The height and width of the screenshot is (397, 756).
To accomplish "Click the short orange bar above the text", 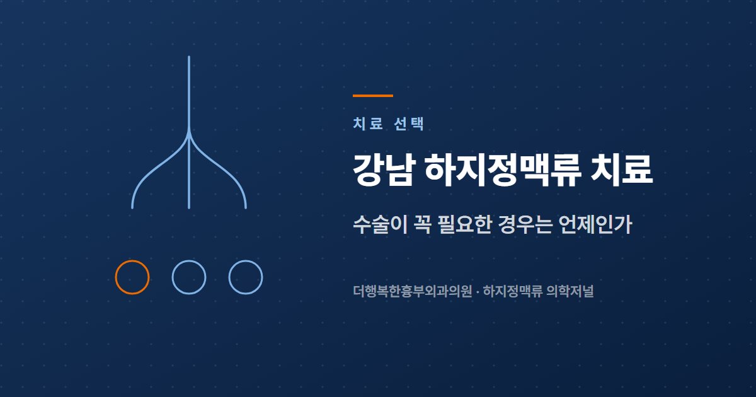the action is point(373,96).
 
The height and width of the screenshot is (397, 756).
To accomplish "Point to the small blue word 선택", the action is point(409,124).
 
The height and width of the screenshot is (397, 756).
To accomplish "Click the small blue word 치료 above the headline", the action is point(368,124).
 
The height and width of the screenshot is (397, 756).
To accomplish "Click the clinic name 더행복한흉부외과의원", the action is point(413,291).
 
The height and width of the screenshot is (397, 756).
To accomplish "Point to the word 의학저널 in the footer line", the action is point(570,291).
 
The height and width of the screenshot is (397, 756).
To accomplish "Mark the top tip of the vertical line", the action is point(189,56).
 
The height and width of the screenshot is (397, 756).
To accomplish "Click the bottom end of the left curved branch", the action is point(132,207).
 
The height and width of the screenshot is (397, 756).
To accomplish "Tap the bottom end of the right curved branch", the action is point(245,207).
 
